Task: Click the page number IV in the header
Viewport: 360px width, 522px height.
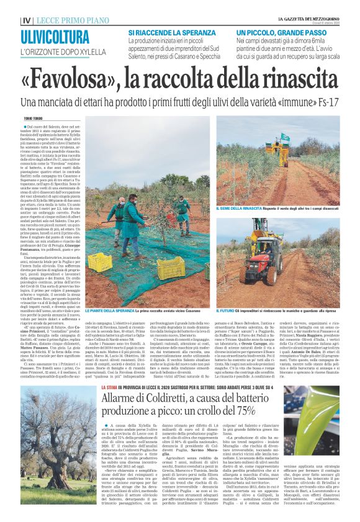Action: [25, 20]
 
